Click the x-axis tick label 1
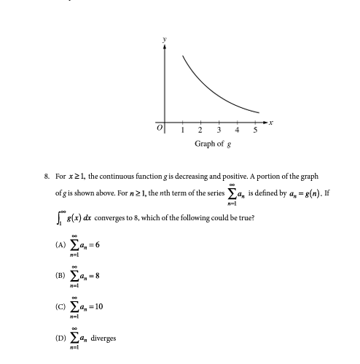tap(182, 131)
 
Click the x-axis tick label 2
tap(200, 131)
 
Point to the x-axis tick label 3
tap(219, 131)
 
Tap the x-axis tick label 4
tap(237, 131)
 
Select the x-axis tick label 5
tap(255, 131)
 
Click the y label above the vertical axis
tap(165, 37)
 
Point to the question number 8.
tap(47, 177)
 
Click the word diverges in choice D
tap(103, 338)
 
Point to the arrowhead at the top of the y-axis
tap(165, 46)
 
